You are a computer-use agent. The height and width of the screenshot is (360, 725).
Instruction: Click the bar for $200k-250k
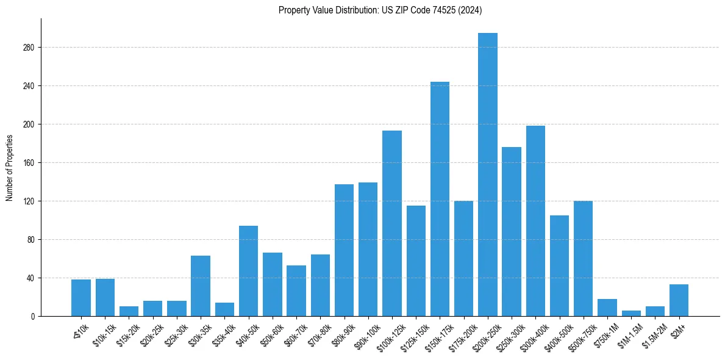click(x=488, y=175)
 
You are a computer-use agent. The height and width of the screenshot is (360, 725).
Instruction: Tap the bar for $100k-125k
click(x=392, y=223)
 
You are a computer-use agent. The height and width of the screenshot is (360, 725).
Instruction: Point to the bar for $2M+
click(x=679, y=300)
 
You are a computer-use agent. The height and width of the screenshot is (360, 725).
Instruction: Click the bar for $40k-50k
click(x=248, y=271)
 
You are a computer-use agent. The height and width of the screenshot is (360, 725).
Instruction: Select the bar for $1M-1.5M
click(x=631, y=313)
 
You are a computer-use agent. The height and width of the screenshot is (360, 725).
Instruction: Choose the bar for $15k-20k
click(x=129, y=311)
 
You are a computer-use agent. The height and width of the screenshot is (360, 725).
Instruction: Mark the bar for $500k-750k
click(x=583, y=259)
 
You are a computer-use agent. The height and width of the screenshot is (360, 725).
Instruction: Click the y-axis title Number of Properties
click(x=9, y=168)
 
